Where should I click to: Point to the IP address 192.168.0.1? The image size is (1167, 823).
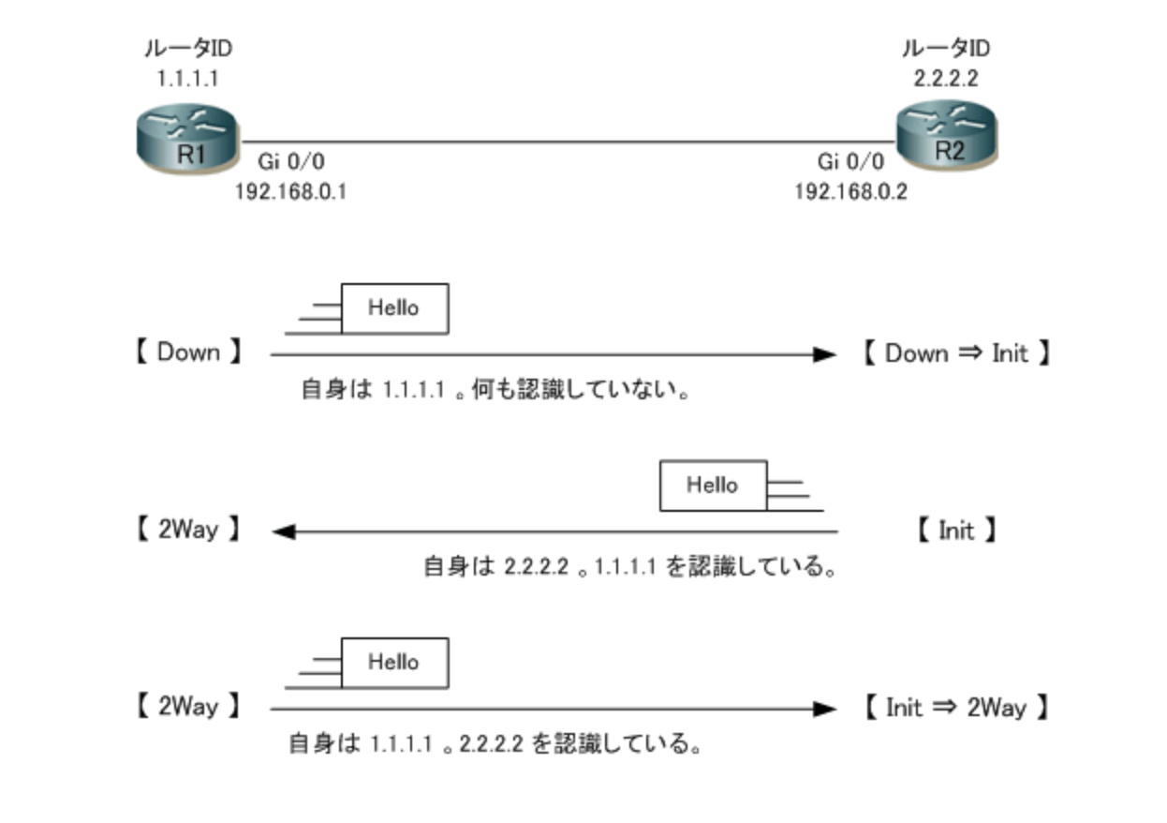290,192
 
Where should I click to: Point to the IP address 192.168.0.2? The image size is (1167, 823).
850,192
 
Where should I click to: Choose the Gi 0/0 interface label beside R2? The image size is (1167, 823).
849,161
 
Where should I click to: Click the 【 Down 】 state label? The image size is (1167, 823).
188,353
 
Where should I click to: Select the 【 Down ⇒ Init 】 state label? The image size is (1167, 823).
955,353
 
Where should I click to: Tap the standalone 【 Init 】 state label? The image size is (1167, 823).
955,531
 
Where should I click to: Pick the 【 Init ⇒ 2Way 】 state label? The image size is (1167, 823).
955,708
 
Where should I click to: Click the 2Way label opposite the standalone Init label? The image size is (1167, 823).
188,531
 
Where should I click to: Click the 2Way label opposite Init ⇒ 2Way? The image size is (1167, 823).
188,708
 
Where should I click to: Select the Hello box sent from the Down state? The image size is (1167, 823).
393,308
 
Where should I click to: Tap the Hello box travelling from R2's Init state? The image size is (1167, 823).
713,486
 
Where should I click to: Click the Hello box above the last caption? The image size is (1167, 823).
393,663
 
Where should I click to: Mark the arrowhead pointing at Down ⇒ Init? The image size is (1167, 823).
824,355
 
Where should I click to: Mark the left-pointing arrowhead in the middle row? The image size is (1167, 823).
284,532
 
